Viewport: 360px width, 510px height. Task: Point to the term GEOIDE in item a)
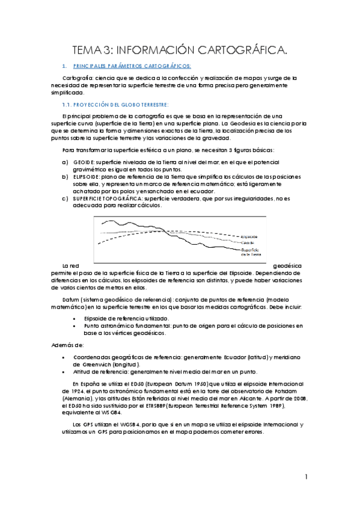[x=84, y=162]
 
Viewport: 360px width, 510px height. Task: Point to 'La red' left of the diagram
[x=70, y=265]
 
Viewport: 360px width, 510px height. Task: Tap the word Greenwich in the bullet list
[x=106, y=364]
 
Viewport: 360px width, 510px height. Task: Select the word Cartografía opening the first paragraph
[x=78, y=78]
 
